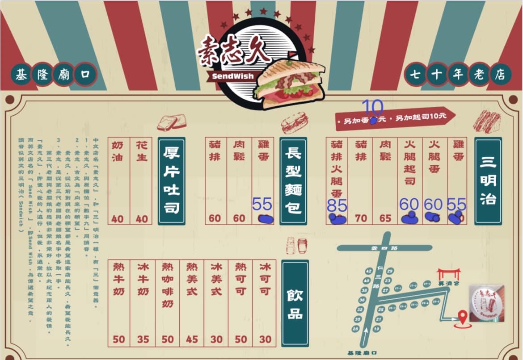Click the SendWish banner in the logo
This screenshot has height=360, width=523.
233,76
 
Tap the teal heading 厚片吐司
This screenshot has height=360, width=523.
171,181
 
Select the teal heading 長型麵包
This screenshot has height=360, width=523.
293,181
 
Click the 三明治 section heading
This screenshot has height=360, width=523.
488,181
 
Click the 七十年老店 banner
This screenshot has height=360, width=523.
457,75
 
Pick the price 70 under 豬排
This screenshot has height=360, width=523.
361,218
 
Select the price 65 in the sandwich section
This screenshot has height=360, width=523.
385,218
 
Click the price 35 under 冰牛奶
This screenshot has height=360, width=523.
143,339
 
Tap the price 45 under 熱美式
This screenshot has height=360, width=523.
192,339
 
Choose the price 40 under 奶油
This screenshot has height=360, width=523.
118,219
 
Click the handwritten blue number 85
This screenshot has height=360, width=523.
337,205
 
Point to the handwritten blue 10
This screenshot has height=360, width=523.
372,107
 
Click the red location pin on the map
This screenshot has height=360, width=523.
463,318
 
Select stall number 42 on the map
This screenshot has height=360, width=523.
368,271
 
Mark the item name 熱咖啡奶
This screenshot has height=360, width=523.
168,285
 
